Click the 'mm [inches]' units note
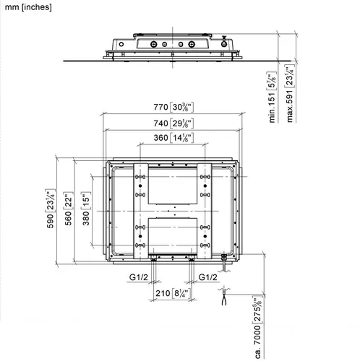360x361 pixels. [28, 7]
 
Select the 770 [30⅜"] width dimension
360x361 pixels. [173, 107]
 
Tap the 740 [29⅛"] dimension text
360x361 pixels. [173, 123]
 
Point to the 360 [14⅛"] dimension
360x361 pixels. [173, 138]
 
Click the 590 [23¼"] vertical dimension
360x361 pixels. [50, 209]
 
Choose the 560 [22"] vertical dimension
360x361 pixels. [68, 209]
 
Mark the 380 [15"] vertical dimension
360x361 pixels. [86, 209]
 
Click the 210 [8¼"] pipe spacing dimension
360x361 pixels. [173, 293]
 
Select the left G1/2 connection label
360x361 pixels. [139, 277]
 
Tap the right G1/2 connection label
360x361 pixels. [207, 277]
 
